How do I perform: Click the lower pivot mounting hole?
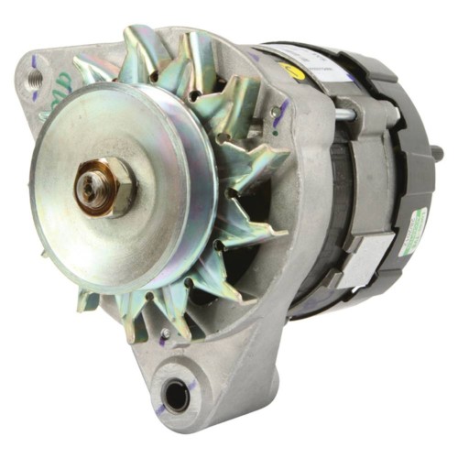point(173,396)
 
